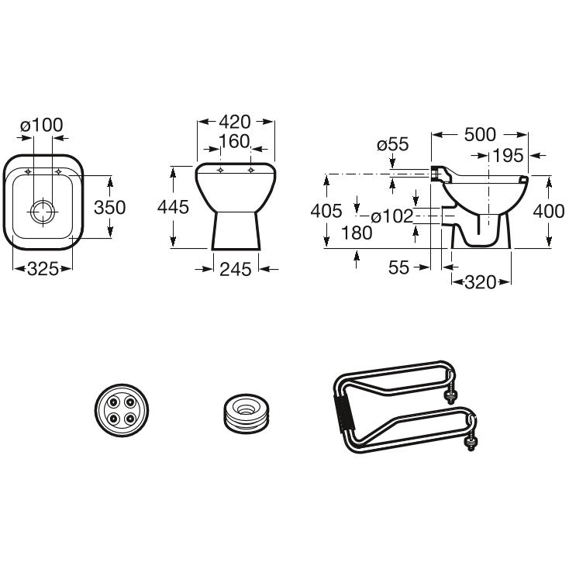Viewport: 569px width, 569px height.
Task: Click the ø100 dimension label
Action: tap(41, 125)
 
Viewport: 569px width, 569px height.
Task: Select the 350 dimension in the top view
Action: tap(109, 207)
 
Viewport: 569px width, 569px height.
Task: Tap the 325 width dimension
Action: tap(43, 269)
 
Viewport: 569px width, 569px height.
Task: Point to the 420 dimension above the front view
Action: tap(235, 122)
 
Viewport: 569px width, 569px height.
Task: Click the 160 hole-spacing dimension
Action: tap(234, 142)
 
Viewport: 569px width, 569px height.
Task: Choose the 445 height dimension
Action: tap(173, 207)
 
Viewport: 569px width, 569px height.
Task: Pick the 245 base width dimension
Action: tap(235, 269)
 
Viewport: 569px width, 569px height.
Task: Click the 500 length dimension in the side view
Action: tap(480, 135)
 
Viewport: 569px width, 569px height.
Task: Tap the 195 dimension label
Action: tap(509, 156)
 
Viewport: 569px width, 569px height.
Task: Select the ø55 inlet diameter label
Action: tap(392, 144)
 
